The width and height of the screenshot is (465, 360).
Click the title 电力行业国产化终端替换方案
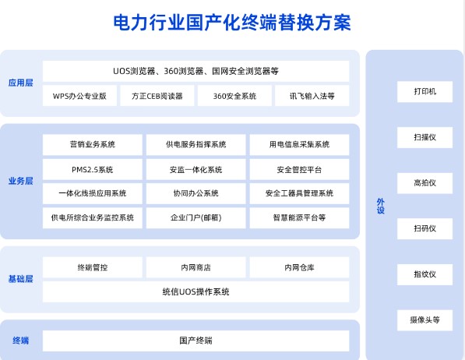point(232,23)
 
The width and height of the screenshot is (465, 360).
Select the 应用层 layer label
point(20,83)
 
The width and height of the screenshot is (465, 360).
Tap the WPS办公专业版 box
point(79,96)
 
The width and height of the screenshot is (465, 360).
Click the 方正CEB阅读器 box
point(157,96)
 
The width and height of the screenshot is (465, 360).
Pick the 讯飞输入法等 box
point(312,96)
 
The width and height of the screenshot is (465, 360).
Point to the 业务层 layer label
point(20,181)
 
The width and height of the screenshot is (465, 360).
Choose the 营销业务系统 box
point(93,144)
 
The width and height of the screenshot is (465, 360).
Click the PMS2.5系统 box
point(93,169)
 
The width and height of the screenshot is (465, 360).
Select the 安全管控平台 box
point(299,169)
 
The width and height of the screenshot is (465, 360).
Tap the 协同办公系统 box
point(196,193)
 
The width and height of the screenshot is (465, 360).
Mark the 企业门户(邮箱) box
point(196,218)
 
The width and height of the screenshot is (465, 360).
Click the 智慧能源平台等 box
point(299,218)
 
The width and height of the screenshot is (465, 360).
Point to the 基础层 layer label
point(20,279)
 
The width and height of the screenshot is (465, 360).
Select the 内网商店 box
point(196,267)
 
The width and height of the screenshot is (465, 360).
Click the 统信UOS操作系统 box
point(196,291)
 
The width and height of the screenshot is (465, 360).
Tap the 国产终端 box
point(196,341)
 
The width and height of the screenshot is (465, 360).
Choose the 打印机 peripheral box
point(424,92)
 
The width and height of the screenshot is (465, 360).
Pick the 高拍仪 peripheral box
point(424,183)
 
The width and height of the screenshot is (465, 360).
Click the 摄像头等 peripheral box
point(424,320)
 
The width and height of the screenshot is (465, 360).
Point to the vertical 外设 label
point(380,206)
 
